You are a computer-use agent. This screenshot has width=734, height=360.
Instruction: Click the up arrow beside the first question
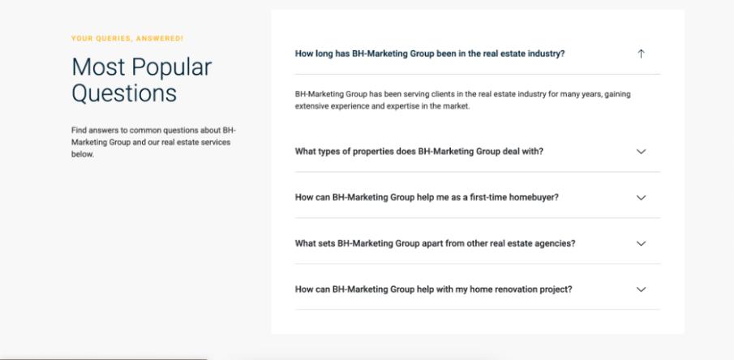pos(641,54)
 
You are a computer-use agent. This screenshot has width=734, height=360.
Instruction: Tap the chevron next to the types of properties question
pos(642,152)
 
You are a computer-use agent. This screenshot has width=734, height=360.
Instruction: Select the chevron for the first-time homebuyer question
pos(642,198)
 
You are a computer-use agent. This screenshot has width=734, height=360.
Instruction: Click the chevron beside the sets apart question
pos(642,243)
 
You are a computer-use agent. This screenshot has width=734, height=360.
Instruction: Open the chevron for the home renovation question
pos(642,289)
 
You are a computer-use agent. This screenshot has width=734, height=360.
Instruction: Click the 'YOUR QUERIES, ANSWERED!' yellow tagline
pos(127,38)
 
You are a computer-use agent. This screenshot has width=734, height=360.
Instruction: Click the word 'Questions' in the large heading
pos(124,92)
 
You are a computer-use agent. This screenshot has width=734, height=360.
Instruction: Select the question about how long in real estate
pos(430,54)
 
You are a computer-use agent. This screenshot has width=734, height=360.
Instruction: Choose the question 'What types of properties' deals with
pos(419,152)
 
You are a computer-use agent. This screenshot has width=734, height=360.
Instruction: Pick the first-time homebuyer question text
pos(427,198)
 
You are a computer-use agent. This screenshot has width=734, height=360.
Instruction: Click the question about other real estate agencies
pos(435,243)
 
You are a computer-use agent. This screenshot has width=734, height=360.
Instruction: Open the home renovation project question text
pos(433,289)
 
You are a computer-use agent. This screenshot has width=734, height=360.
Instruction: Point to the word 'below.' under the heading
pos(83,154)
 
